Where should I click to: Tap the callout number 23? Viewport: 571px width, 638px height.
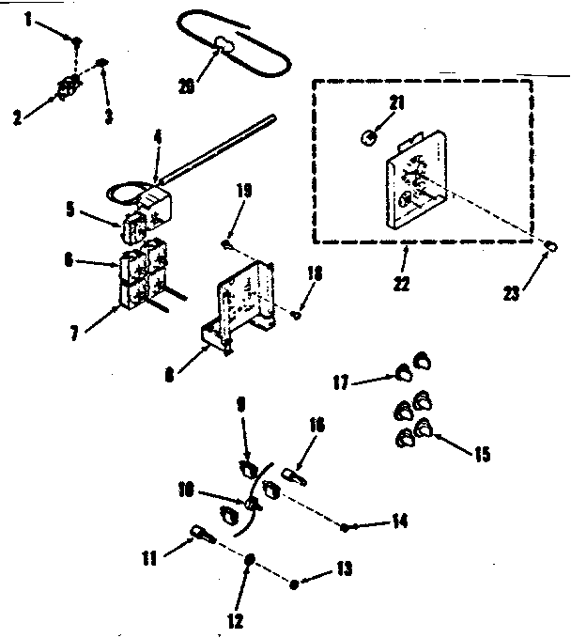tap(512, 293)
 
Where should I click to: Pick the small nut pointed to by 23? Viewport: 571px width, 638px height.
tap(552, 245)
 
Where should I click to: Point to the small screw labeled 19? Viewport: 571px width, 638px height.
tap(226, 245)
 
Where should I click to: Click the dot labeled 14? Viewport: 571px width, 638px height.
tap(347, 528)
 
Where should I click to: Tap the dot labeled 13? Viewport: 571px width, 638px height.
tap(295, 584)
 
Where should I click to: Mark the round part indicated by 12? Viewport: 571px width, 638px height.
tap(250, 561)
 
